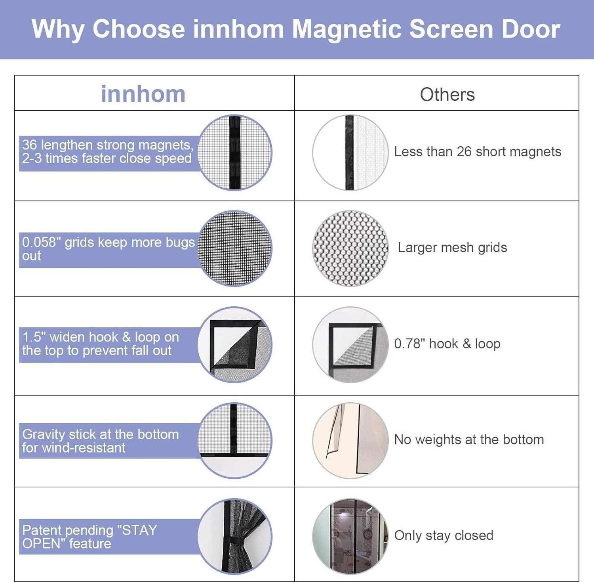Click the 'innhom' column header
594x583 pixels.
click(143, 94)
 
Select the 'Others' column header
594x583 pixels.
click(447, 95)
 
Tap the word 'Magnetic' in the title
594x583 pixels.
click(346, 29)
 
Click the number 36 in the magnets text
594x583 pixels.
click(29, 145)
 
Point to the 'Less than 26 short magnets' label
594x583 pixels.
click(477, 152)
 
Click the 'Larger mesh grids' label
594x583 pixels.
click(452, 248)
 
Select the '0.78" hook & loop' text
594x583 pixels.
click(447, 344)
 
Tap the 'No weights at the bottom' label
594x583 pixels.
click(469, 440)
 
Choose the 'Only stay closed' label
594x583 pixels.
click(444, 535)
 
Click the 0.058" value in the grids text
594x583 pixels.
click(41, 242)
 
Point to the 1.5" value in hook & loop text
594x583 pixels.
click(34, 337)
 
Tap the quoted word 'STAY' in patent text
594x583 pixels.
click(139, 530)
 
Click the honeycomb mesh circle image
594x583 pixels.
click(350, 248)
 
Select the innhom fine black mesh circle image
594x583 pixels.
click(235, 248)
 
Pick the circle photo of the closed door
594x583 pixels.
click(350, 536)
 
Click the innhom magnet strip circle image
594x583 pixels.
click(235, 153)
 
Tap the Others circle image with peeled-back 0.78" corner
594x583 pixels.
click(350, 344)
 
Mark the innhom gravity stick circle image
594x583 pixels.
click(235, 440)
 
